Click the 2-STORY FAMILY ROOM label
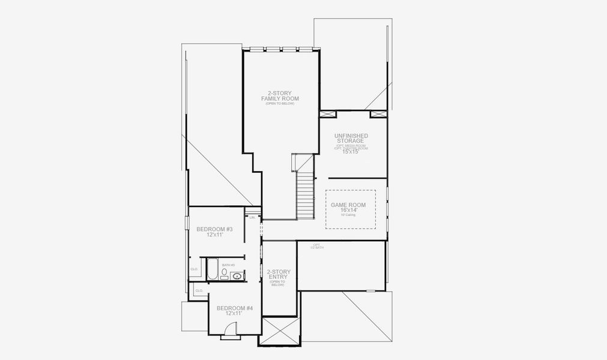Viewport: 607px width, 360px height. (x=280, y=96)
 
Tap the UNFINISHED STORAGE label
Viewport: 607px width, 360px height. (x=351, y=139)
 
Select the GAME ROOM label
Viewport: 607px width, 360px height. (x=348, y=205)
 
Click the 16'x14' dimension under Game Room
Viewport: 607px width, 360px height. (x=348, y=211)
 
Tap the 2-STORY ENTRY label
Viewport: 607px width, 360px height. (x=279, y=275)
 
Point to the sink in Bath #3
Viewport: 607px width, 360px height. (x=238, y=276)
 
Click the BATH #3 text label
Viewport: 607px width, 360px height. (x=228, y=265)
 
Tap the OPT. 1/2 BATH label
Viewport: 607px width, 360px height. (x=316, y=247)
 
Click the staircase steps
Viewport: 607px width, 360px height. (x=306, y=195)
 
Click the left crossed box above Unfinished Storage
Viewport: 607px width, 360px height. (x=328, y=114)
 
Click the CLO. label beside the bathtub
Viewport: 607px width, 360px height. (x=195, y=269)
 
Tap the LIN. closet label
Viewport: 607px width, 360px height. (x=252, y=218)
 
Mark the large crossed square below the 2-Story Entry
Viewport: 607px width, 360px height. (x=279, y=331)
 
